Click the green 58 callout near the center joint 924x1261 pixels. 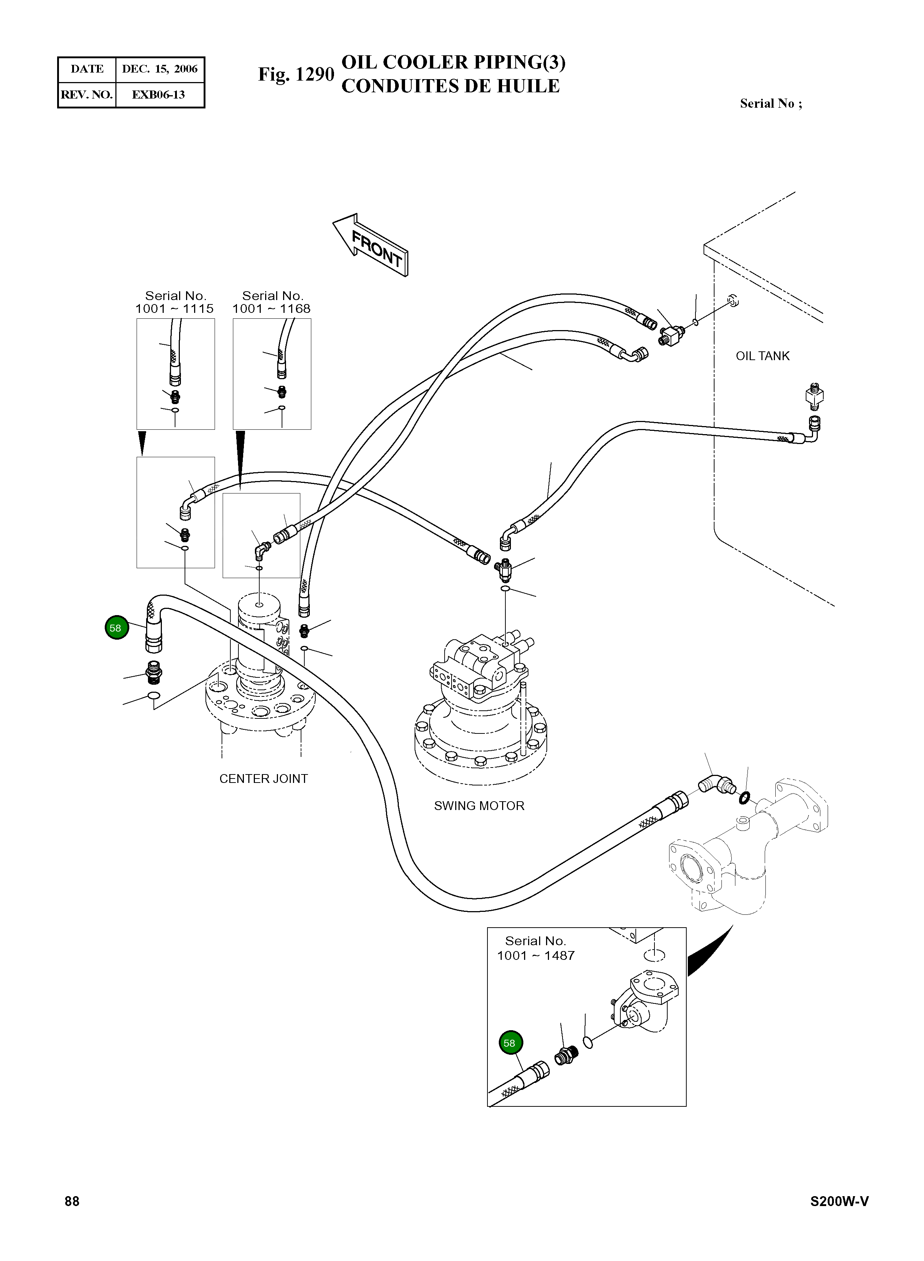coord(116,628)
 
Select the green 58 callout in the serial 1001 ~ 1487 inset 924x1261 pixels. coord(509,1043)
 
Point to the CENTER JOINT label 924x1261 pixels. coord(263,779)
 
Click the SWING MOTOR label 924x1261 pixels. coord(479,806)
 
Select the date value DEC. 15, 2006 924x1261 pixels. coord(160,69)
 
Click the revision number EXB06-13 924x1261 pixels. coord(158,95)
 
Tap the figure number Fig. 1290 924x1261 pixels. coord(296,74)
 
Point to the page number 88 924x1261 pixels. coord(72,1202)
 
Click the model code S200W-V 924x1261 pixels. coord(839,1202)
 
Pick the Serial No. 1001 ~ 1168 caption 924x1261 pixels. coord(272,302)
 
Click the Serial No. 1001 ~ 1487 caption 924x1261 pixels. coord(536,948)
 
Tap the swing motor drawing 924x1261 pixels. coord(481,710)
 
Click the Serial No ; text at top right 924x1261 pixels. coord(771,104)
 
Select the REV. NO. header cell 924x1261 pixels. coord(87,95)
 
